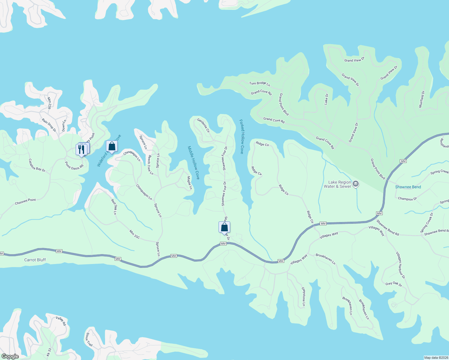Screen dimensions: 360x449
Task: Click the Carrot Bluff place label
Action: tap(35, 260)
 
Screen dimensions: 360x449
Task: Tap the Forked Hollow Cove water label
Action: tap(242, 136)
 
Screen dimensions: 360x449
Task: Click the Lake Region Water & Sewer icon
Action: tap(356, 184)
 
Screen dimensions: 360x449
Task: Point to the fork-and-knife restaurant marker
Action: tap(81, 149)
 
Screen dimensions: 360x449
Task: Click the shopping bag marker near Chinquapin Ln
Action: tap(112, 146)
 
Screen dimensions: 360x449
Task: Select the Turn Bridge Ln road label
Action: tap(260, 83)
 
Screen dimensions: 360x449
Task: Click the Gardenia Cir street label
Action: tap(203, 125)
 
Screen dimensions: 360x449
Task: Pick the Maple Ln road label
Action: tap(190, 183)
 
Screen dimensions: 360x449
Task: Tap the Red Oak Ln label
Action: tap(114, 207)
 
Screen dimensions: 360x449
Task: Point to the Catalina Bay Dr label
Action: tap(37, 165)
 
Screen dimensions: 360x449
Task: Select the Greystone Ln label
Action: tap(304, 297)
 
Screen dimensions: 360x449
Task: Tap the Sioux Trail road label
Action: tap(89, 339)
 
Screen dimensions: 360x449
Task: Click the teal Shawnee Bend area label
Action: tap(408, 187)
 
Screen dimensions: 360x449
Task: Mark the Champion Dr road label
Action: tap(407, 199)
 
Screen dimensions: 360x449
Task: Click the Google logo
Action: tap(10, 356)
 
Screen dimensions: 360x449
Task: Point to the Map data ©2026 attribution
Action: tap(435, 358)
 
